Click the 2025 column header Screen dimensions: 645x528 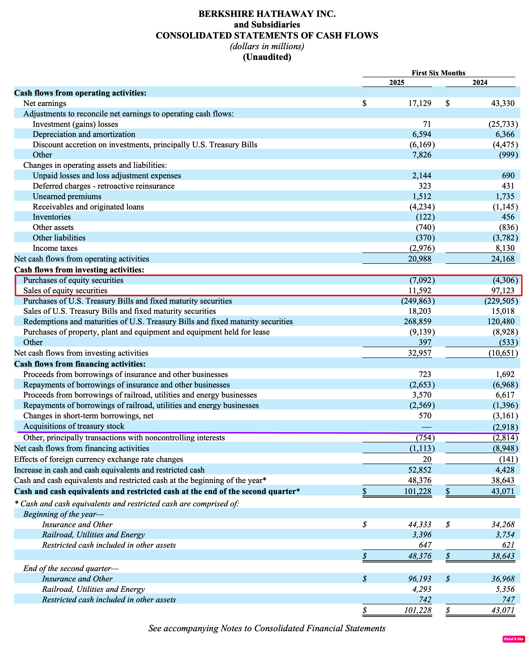[x=397, y=82]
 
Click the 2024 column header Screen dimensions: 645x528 [x=480, y=82]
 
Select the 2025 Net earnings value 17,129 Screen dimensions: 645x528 [x=419, y=103]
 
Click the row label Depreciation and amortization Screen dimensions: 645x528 [x=84, y=134]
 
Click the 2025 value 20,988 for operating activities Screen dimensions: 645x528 [x=419, y=259]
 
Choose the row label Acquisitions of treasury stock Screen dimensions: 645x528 [x=74, y=426]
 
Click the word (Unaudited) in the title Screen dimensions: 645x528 [x=267, y=57]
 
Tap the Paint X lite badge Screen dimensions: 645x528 [x=514, y=639]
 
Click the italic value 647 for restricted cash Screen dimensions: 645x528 [x=425, y=545]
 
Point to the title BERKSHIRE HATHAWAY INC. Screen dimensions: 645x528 [x=267, y=14]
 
